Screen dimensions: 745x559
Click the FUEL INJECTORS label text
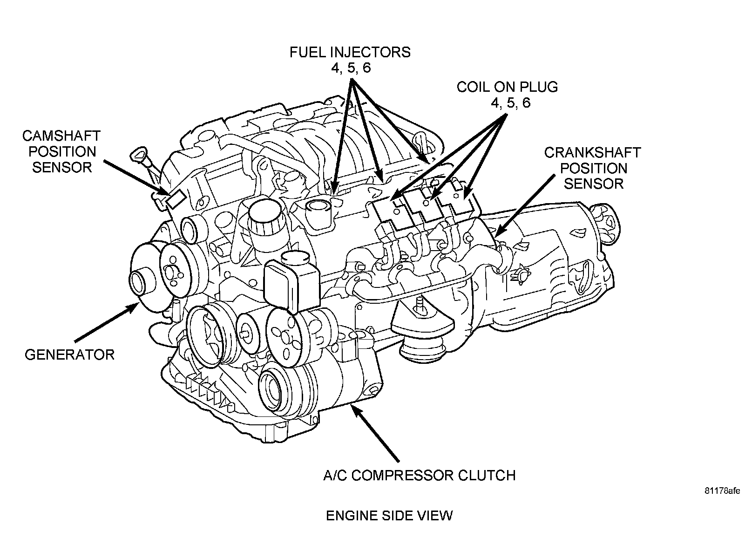(x=350, y=60)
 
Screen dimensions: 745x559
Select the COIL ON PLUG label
(x=507, y=95)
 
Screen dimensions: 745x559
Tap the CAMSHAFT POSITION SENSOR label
(x=61, y=152)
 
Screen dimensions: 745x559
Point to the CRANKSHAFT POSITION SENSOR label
(x=593, y=168)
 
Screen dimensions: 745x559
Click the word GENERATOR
(x=69, y=355)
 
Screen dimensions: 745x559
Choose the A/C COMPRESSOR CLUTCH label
(x=420, y=476)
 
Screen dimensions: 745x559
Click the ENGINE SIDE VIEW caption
(x=389, y=516)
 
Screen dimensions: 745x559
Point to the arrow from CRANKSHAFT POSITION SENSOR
(x=525, y=206)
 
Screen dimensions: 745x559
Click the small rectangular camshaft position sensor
(x=175, y=199)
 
